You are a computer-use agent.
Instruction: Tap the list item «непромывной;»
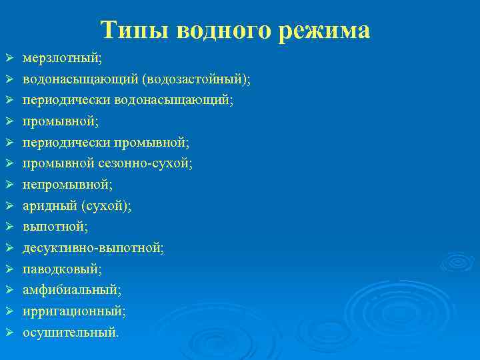coord(67,185)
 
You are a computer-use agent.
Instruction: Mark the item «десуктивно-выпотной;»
coord(93,248)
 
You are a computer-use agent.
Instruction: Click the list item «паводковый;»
coord(63,269)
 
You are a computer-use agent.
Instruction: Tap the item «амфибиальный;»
coord(72,290)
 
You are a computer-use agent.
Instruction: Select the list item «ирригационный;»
coord(74,311)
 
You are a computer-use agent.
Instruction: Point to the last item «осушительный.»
coord(71,332)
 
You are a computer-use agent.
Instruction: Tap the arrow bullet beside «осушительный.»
coord(9,332)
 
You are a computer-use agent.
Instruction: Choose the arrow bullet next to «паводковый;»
coord(9,269)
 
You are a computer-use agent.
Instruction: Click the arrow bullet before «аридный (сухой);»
coord(9,206)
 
